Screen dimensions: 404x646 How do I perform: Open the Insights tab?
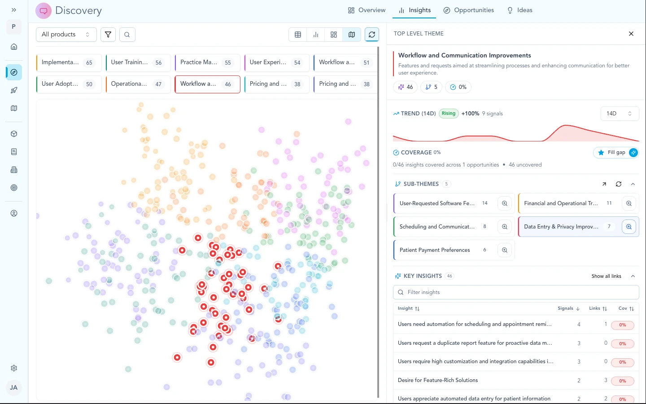tap(415, 10)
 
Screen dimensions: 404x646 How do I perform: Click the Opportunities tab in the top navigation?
tap(468, 10)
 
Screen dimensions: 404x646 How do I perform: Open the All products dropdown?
tap(66, 35)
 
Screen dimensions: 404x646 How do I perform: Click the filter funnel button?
tap(108, 35)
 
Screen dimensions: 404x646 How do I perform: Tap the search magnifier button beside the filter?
tap(127, 35)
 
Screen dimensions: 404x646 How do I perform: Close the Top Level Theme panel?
tap(631, 34)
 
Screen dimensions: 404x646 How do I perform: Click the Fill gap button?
tap(615, 153)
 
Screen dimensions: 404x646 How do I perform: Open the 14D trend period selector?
tap(619, 114)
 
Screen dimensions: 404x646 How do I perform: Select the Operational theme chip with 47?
tap(138, 84)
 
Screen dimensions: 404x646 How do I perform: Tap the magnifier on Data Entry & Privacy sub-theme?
tap(629, 227)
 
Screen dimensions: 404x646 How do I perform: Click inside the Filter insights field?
tap(516, 292)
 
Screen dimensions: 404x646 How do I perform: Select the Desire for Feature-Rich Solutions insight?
tap(438, 380)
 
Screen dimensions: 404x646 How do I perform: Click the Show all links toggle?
tap(606, 276)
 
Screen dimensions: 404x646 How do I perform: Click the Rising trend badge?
tap(448, 114)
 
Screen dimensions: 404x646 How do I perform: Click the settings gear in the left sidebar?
tap(14, 368)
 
